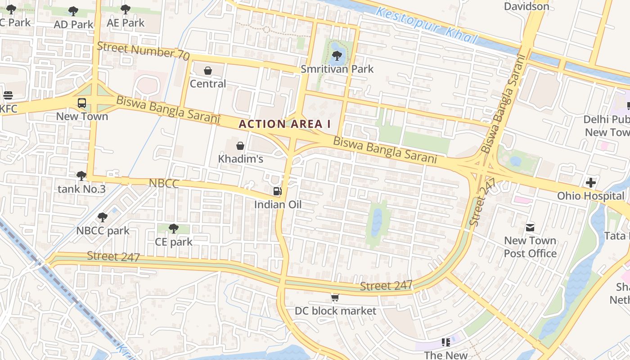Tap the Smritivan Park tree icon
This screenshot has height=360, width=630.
point(337,56)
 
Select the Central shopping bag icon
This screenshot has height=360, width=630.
point(208,71)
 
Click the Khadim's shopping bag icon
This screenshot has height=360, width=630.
point(240,146)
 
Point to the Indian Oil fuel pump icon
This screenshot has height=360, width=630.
point(278,191)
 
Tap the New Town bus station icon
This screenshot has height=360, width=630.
point(82,103)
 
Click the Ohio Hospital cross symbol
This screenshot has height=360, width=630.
point(591,183)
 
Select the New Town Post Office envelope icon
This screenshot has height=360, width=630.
point(530,227)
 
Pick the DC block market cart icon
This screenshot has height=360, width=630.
point(335,297)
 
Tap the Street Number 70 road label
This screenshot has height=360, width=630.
point(143,50)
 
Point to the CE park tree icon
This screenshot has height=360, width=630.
point(173,229)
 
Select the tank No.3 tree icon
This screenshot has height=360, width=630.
point(81,175)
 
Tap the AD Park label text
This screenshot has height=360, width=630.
point(73,24)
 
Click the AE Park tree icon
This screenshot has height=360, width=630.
point(126,9)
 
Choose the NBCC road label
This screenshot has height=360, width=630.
point(164,183)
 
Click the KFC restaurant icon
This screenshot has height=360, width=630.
point(8,95)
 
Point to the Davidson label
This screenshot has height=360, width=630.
point(526,6)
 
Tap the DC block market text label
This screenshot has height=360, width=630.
point(335,311)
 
